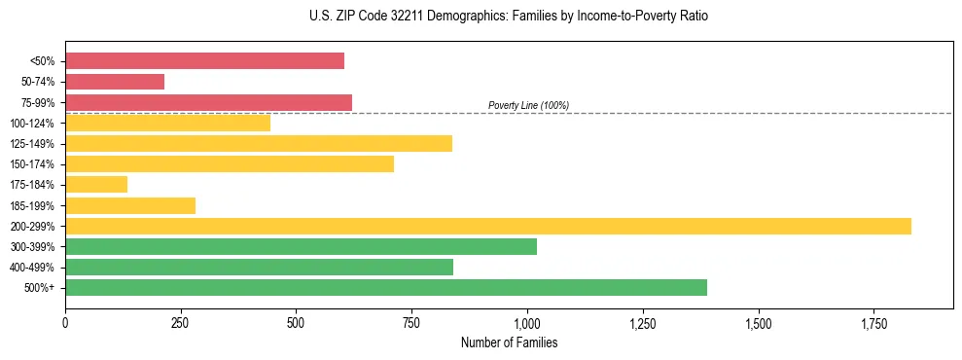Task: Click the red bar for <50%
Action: tap(204, 61)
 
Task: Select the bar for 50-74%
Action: tap(115, 82)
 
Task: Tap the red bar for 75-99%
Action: tap(208, 102)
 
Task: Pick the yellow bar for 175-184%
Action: tap(96, 185)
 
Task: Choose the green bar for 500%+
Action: tap(386, 287)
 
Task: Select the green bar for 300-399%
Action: tap(301, 246)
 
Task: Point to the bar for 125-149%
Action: tap(259, 144)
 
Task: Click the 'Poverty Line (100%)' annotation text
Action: tap(528, 105)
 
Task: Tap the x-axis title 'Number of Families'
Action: tap(509, 342)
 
